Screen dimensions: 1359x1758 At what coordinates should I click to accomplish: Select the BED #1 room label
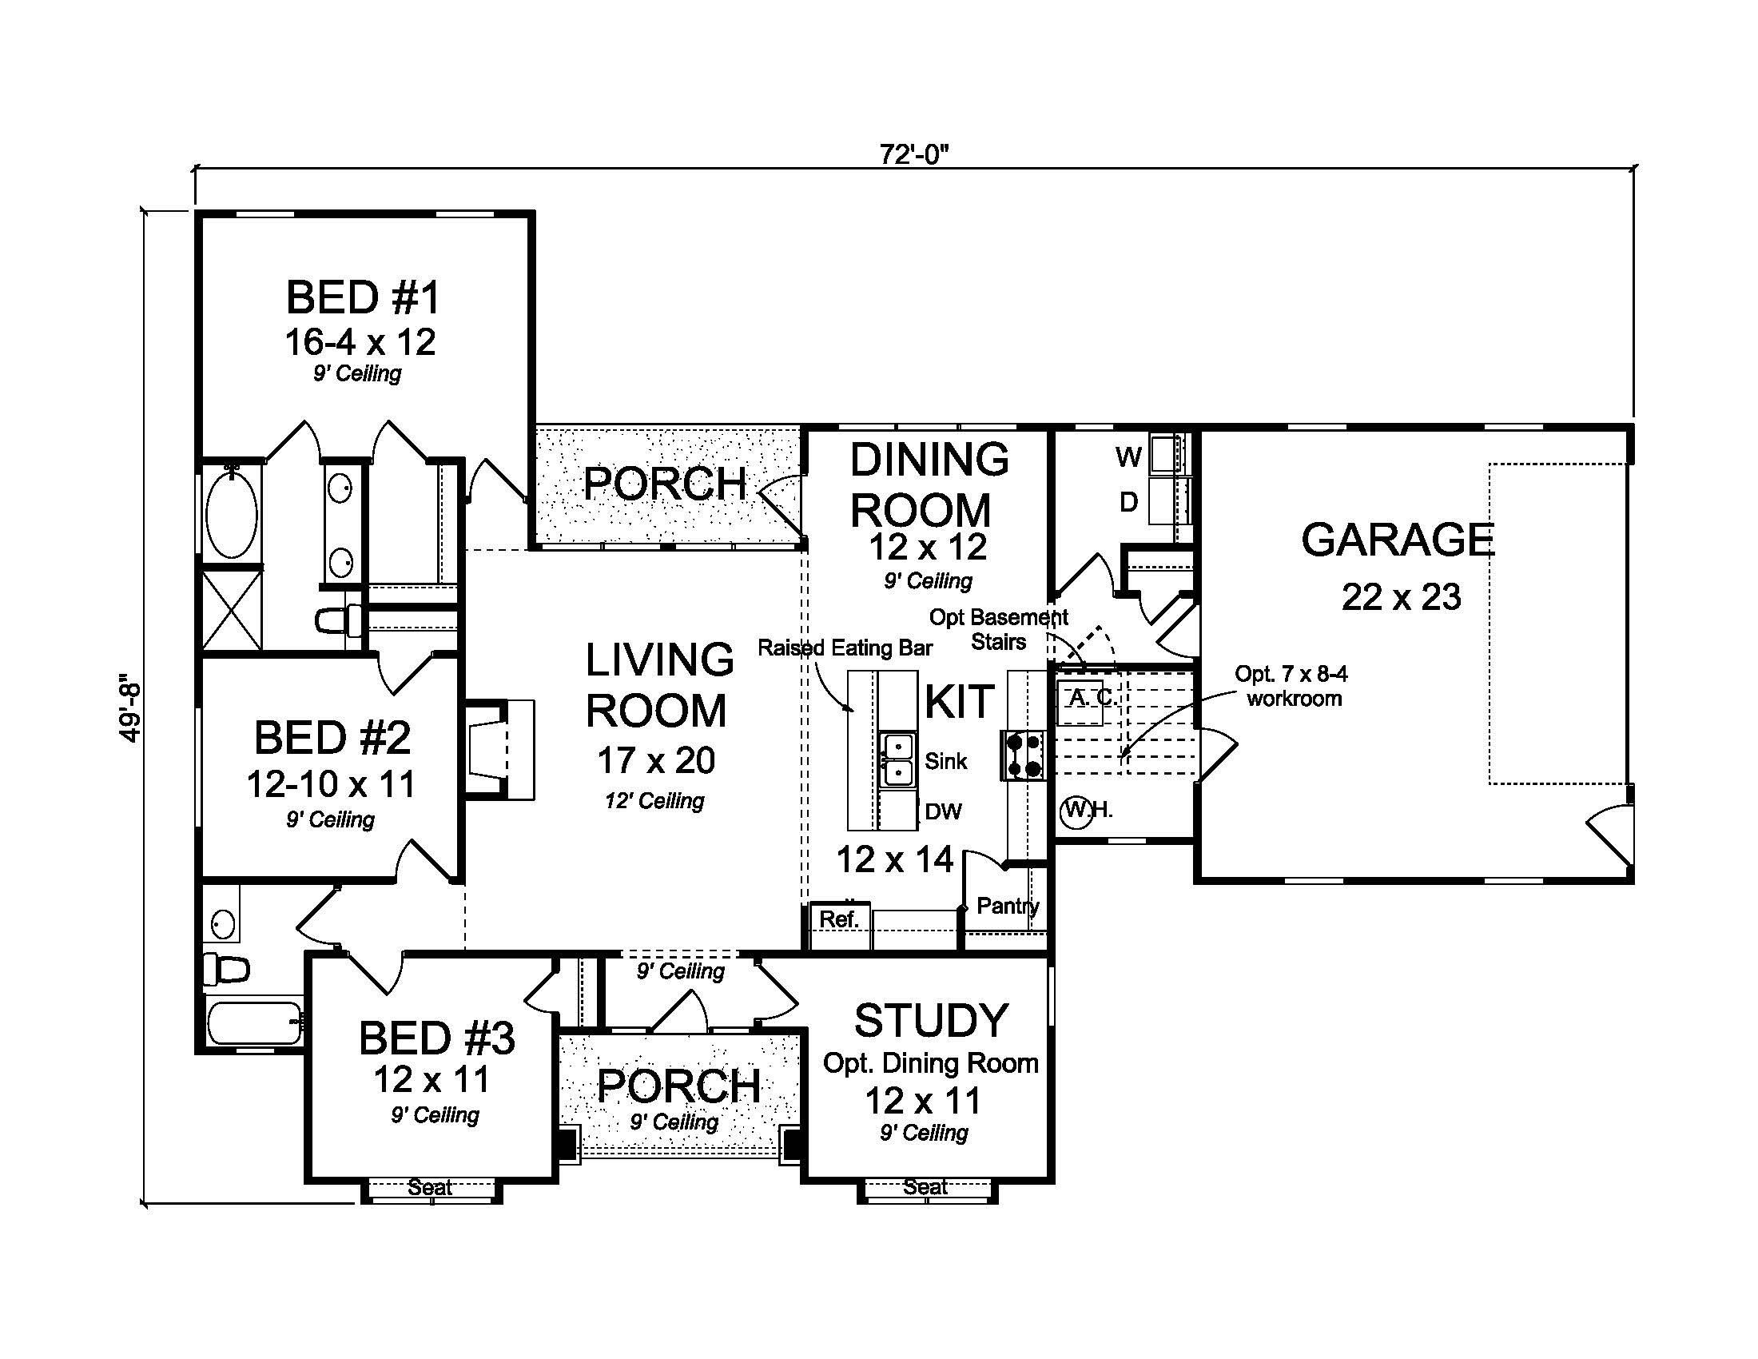point(363,297)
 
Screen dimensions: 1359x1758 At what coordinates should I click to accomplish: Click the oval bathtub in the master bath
point(232,513)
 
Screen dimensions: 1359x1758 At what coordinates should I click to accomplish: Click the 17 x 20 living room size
point(656,760)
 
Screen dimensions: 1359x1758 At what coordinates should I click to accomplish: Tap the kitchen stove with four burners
point(1023,755)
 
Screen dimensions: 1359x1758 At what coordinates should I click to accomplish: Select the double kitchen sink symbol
point(897,759)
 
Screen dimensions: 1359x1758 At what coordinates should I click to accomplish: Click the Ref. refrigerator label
point(839,919)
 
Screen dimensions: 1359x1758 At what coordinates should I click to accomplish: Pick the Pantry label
point(1007,906)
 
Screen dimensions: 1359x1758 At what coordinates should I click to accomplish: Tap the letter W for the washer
point(1128,457)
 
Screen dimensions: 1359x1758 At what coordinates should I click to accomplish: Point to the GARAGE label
point(1398,540)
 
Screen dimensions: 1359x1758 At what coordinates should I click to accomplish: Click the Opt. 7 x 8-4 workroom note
point(1292,686)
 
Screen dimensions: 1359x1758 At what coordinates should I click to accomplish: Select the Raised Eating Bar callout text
point(845,648)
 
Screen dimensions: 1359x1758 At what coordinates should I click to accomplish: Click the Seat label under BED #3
point(430,1186)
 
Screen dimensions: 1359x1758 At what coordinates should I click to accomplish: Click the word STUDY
point(931,1021)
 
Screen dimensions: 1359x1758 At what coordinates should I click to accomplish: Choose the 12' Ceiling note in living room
point(654,800)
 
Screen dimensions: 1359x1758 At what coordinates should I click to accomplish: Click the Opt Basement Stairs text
point(998,630)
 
